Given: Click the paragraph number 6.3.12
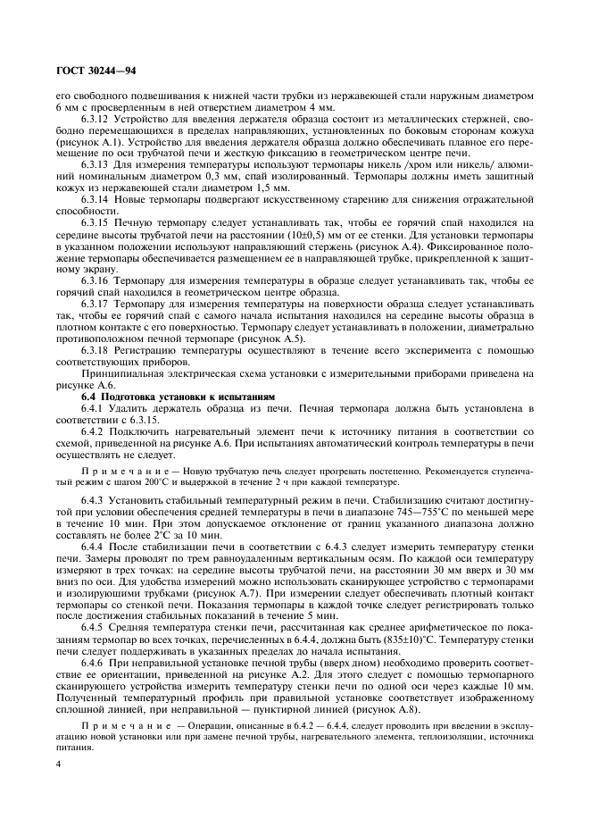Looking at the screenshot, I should tap(96, 116).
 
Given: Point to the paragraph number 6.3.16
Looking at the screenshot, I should tap(96, 280).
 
